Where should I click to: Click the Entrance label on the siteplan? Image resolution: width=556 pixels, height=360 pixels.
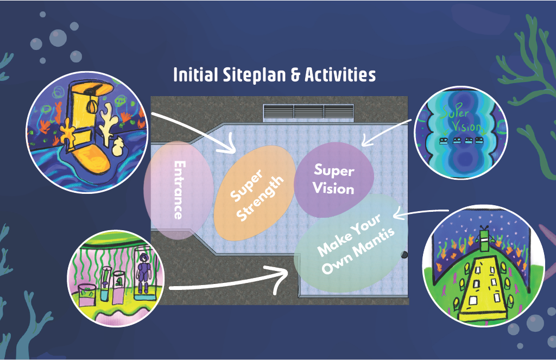[178, 190]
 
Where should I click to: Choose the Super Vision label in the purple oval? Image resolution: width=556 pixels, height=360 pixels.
[334, 179]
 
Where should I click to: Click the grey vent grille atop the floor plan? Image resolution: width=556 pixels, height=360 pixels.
[308, 112]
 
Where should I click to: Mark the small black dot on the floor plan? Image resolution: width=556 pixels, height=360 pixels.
[405, 254]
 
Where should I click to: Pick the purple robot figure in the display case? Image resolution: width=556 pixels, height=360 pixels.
[144, 272]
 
